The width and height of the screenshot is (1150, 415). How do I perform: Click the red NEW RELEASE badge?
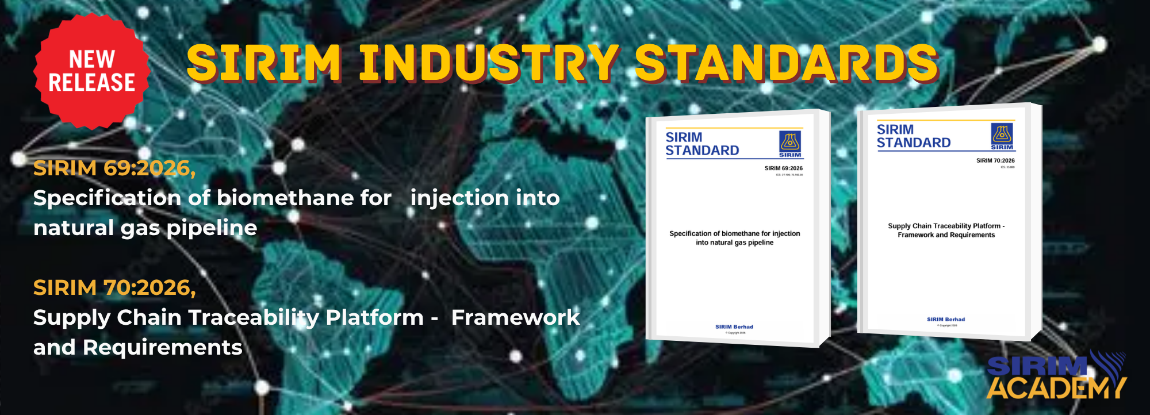[92, 71]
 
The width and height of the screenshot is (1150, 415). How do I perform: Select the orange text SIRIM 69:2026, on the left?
[114, 168]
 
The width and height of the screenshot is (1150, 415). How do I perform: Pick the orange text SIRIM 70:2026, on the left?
[114, 287]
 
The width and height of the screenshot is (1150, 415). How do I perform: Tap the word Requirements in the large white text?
[162, 348]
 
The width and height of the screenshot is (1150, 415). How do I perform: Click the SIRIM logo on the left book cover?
[790, 143]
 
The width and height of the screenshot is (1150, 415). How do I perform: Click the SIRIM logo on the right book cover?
[1002, 136]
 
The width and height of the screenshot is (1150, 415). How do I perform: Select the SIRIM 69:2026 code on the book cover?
[783, 168]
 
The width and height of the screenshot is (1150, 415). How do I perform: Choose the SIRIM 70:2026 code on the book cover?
[995, 160]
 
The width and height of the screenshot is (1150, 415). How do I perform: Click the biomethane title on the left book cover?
[734, 238]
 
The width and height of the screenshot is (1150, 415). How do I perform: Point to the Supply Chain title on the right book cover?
[946, 230]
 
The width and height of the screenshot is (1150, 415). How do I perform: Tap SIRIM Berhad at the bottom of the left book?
[734, 326]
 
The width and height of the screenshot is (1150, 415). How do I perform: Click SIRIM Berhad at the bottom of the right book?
[946, 319]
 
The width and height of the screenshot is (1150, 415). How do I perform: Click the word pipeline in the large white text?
[212, 228]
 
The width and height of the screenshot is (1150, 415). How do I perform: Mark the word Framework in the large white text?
[515, 318]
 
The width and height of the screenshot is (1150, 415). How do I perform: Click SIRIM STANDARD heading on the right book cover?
[913, 136]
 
